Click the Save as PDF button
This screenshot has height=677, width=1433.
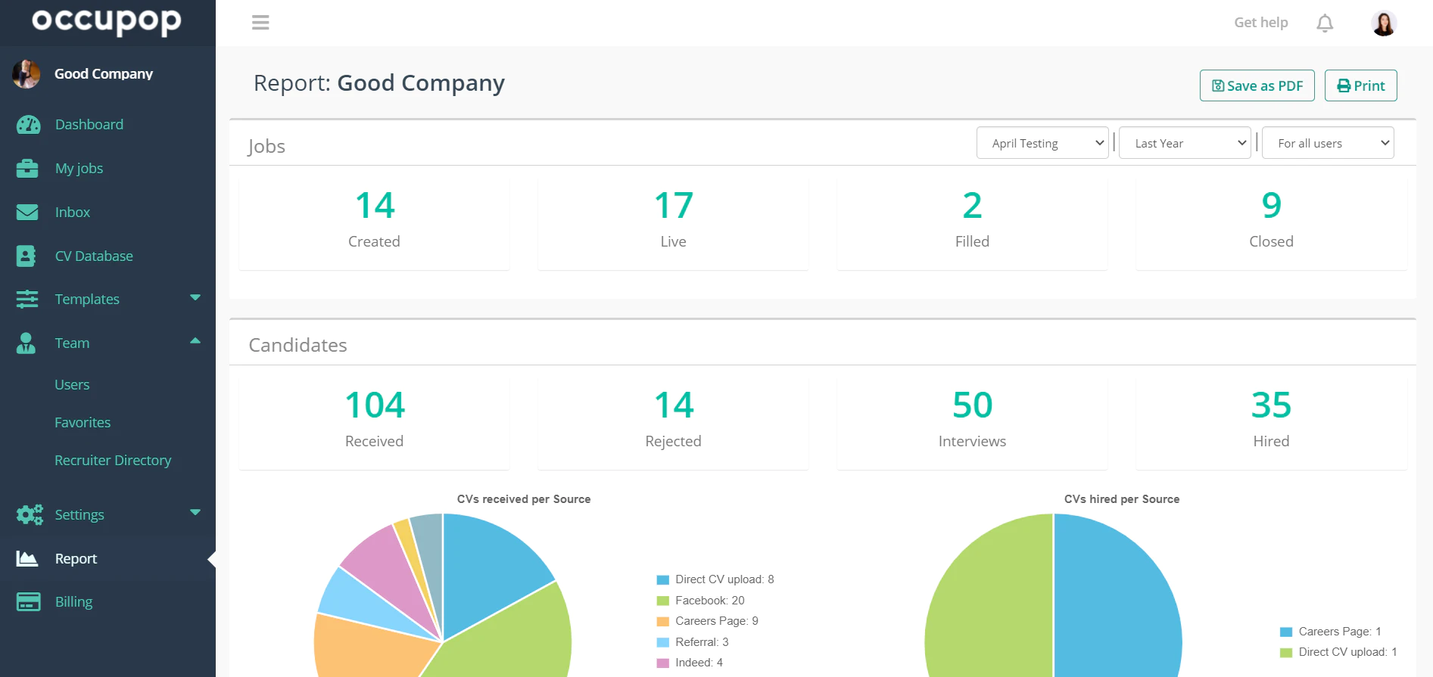pyautogui.click(x=1257, y=85)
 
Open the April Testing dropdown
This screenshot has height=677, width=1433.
pyautogui.click(x=1042, y=143)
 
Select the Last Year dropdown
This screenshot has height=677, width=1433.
pyautogui.click(x=1185, y=143)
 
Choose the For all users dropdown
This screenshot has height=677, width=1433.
pyautogui.click(x=1328, y=143)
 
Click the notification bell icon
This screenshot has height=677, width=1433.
pyautogui.click(x=1325, y=23)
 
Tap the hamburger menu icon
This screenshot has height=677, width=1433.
pyautogui.click(x=260, y=23)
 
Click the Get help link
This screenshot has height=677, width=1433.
pyautogui.click(x=1261, y=23)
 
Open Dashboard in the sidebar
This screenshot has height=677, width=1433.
pyautogui.click(x=89, y=124)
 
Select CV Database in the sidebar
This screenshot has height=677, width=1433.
pyautogui.click(x=94, y=256)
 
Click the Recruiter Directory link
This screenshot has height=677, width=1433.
pyautogui.click(x=113, y=460)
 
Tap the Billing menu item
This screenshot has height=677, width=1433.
pyautogui.click(x=73, y=602)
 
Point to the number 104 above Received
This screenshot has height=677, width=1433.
pyautogui.click(x=375, y=405)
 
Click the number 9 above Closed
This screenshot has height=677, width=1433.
pyautogui.click(x=1272, y=205)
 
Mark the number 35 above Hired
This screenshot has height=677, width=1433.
pyautogui.click(x=1272, y=405)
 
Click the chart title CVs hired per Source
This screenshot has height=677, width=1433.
pyautogui.click(x=1122, y=499)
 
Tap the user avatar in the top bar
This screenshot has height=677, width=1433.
pyautogui.click(x=1384, y=23)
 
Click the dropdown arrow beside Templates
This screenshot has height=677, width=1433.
pyautogui.click(x=195, y=298)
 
